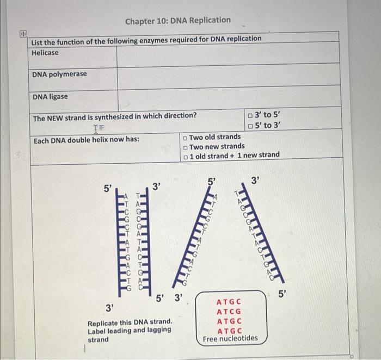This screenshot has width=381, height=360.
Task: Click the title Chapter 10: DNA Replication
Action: [x=177, y=21]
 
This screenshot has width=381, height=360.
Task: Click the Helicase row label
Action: [x=45, y=53]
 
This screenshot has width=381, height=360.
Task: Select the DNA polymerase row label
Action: [x=59, y=74]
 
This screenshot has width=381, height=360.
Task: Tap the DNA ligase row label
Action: [x=50, y=97]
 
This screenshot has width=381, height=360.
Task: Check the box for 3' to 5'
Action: [x=249, y=115]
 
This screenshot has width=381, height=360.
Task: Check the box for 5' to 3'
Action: [x=249, y=126]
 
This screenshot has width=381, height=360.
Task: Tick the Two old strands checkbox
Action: [x=186, y=138]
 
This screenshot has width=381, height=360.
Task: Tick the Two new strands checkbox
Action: [x=186, y=147]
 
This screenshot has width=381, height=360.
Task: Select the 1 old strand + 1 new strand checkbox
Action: [x=186, y=156]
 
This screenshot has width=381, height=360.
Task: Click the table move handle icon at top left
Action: [x=22, y=33]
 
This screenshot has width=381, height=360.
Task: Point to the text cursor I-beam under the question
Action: [x=97, y=128]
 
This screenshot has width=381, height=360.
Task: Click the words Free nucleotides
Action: [x=230, y=339]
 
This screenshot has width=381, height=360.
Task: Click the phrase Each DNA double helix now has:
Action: [x=86, y=140]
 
